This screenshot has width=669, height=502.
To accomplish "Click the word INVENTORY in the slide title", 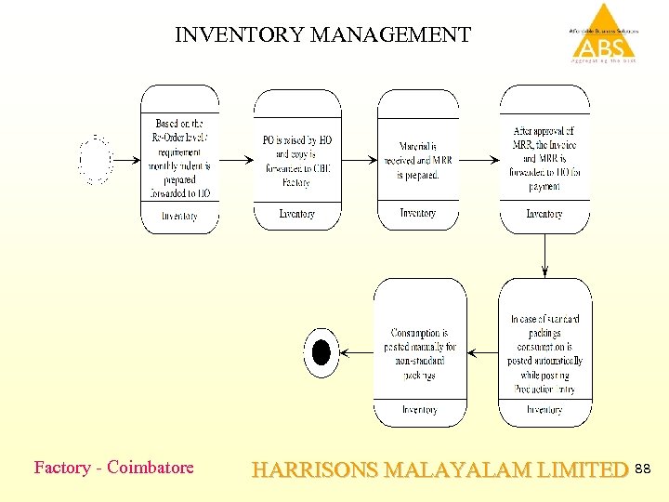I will [x=239, y=35].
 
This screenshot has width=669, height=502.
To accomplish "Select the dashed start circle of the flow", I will [x=96, y=160].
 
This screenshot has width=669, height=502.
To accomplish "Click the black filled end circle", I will [x=321, y=352].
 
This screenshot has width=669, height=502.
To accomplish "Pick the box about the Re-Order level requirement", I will [x=179, y=158].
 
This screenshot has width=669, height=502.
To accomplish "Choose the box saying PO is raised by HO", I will [x=296, y=158].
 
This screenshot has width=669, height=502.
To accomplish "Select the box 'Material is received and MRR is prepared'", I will [x=418, y=158].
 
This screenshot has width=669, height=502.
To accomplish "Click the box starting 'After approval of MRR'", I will [x=544, y=158].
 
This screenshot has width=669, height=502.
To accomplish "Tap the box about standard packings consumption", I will [x=544, y=353].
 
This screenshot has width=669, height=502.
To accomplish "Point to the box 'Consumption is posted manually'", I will [x=419, y=353].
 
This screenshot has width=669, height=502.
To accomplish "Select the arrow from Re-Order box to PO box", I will [x=236, y=160].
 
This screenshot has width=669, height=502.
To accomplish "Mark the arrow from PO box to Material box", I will [x=359, y=160].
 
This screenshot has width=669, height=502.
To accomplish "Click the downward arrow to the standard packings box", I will [x=544, y=255].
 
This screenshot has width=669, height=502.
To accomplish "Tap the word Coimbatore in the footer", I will [x=151, y=468].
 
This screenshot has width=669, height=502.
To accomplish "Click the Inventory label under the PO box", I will [x=296, y=214].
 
